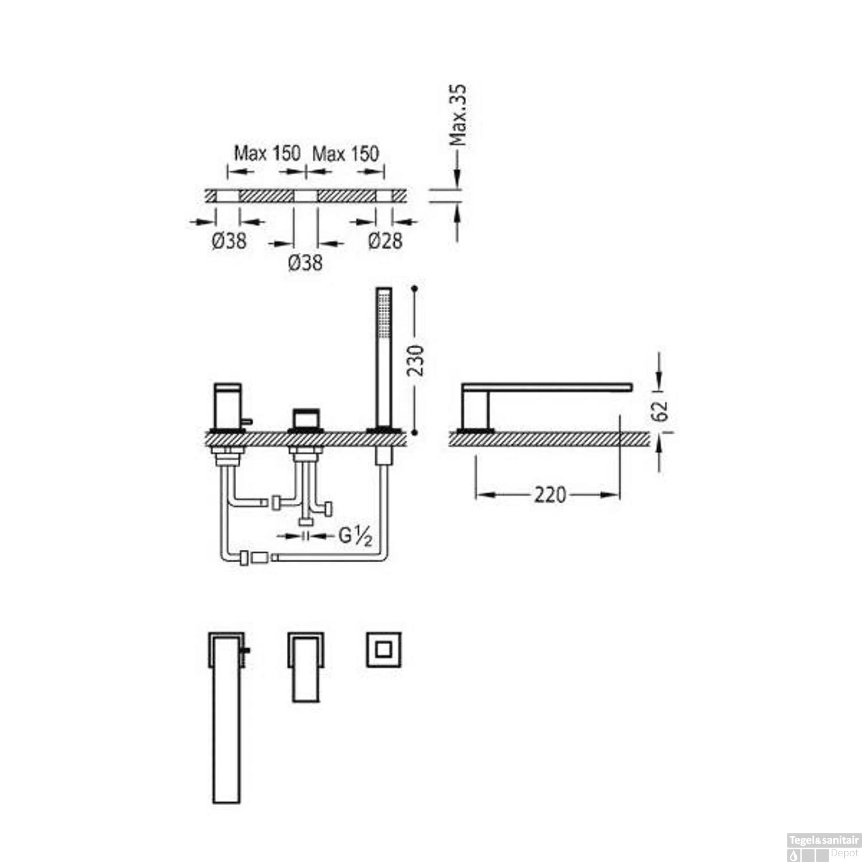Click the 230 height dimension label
(415, 360)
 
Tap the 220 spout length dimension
(550, 494)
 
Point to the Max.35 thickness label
(458, 115)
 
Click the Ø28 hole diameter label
(385, 240)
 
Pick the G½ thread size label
(355, 536)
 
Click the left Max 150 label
(267, 153)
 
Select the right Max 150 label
(345, 153)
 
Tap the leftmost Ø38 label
(229, 240)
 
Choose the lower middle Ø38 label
(305, 263)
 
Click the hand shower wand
(383, 356)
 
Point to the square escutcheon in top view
(383, 650)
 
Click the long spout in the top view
(226, 718)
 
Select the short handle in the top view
(305, 667)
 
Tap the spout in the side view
(546, 387)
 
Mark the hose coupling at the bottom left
(253, 557)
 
